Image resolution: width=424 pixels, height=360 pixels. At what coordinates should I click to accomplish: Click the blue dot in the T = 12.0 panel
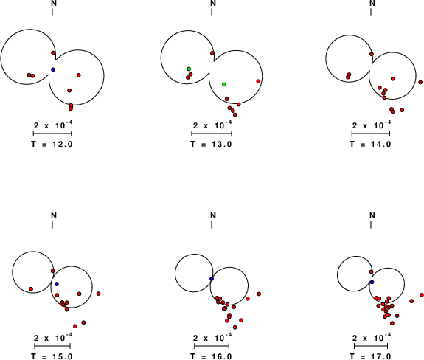pyautogui.click(x=53, y=69)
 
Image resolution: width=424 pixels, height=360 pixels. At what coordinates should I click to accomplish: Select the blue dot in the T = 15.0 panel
pyautogui.click(x=57, y=284)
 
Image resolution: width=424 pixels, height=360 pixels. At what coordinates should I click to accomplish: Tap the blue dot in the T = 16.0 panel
pyautogui.click(x=212, y=279)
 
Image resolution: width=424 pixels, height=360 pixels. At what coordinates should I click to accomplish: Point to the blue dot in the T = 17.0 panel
pyautogui.click(x=372, y=282)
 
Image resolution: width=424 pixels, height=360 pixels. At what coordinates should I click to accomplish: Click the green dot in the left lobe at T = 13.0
pyautogui.click(x=189, y=69)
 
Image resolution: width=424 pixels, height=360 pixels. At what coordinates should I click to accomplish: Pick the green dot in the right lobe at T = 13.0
pyautogui.click(x=224, y=84)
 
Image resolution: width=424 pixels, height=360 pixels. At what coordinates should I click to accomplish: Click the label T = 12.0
pyautogui.click(x=52, y=144)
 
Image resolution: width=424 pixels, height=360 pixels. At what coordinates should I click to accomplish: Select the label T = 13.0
pyautogui.click(x=211, y=144)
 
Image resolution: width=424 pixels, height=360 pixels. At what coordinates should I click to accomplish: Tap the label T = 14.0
pyautogui.click(x=370, y=144)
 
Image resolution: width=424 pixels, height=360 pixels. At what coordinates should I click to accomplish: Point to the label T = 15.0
pyautogui.click(x=52, y=356)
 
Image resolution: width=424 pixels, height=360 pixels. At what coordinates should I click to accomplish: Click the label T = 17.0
pyautogui.click(x=370, y=356)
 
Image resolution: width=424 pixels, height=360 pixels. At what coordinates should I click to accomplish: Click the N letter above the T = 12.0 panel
pyautogui.click(x=54, y=3)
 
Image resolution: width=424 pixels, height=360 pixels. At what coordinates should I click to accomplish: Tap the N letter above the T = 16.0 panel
pyautogui.click(x=213, y=215)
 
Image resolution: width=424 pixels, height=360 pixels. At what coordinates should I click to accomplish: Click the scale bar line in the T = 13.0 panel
pyautogui.click(x=212, y=134)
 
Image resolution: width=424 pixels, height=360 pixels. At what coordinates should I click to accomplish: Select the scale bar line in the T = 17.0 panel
pyautogui.click(x=371, y=346)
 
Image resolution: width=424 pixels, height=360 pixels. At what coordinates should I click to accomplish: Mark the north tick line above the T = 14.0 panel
pyautogui.click(x=371, y=12)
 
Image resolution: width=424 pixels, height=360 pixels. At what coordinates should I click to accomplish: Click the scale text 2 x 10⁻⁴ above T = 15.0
pyautogui.click(x=53, y=338)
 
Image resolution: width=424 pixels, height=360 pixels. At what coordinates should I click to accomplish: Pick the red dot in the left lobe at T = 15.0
pyautogui.click(x=31, y=289)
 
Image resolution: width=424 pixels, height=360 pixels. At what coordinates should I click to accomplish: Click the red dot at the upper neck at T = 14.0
pyautogui.click(x=372, y=54)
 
